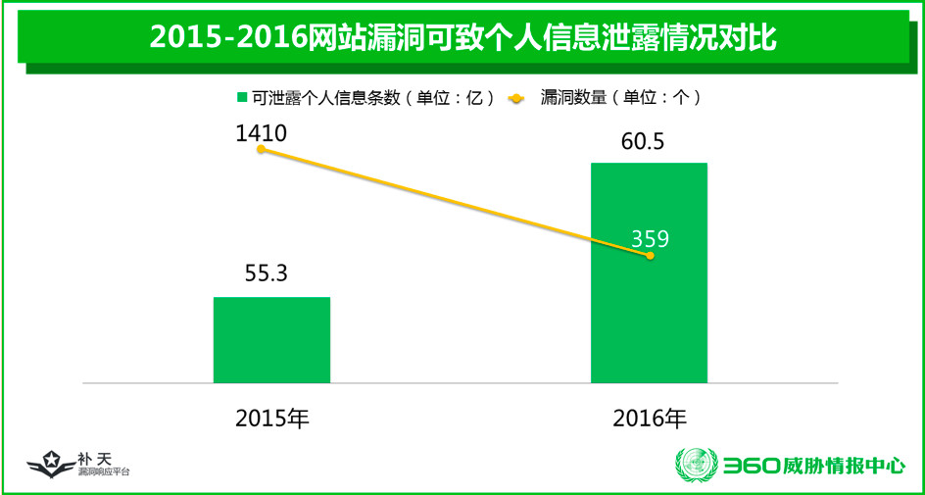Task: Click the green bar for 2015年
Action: (x=271, y=339)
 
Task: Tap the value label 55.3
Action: (x=265, y=273)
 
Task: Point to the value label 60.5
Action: (x=643, y=142)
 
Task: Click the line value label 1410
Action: (x=261, y=133)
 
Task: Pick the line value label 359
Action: (x=651, y=238)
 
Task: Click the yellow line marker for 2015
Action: (x=261, y=150)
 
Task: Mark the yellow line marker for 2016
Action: (x=650, y=256)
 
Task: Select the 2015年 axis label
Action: (x=272, y=418)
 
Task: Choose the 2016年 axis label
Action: (x=650, y=418)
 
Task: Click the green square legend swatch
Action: (x=242, y=97)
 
